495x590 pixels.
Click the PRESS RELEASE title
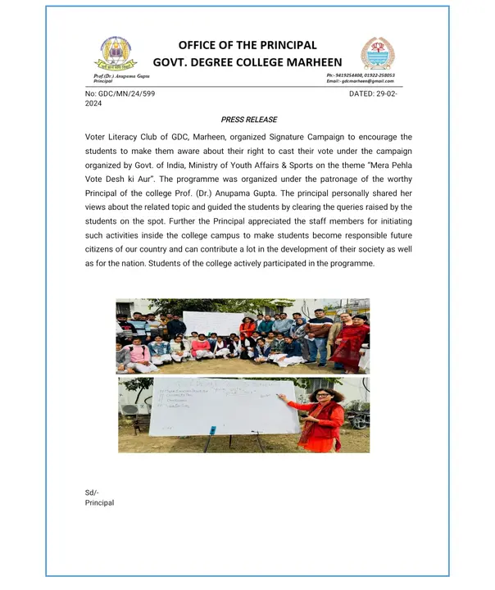249,120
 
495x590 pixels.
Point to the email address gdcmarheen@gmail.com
366,81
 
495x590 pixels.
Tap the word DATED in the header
363,95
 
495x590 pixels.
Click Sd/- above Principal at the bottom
92,492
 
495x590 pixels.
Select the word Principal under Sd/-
100,502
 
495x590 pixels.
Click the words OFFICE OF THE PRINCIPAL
247,45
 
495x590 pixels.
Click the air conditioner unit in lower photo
129,407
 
